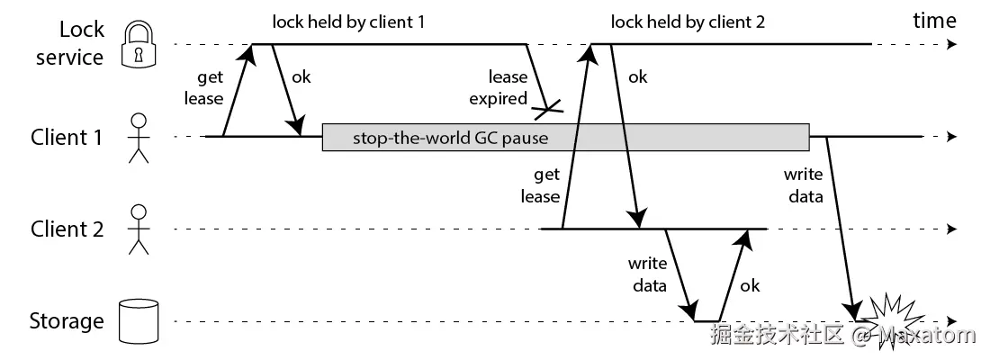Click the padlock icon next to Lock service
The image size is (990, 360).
[139, 43]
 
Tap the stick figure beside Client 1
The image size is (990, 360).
[139, 138]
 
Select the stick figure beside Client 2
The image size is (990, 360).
[139, 229]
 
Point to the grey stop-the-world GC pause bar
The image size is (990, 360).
[565, 138]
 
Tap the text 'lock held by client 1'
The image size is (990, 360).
[347, 22]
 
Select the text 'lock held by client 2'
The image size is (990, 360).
[688, 22]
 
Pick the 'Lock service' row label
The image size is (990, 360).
[69, 43]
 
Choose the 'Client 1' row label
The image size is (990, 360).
[67, 138]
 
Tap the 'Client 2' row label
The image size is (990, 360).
[67, 229]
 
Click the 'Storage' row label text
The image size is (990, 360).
[67, 321]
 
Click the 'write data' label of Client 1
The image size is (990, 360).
[803, 185]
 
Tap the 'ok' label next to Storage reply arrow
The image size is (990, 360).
[749, 285]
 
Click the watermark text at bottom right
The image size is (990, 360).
[842, 337]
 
